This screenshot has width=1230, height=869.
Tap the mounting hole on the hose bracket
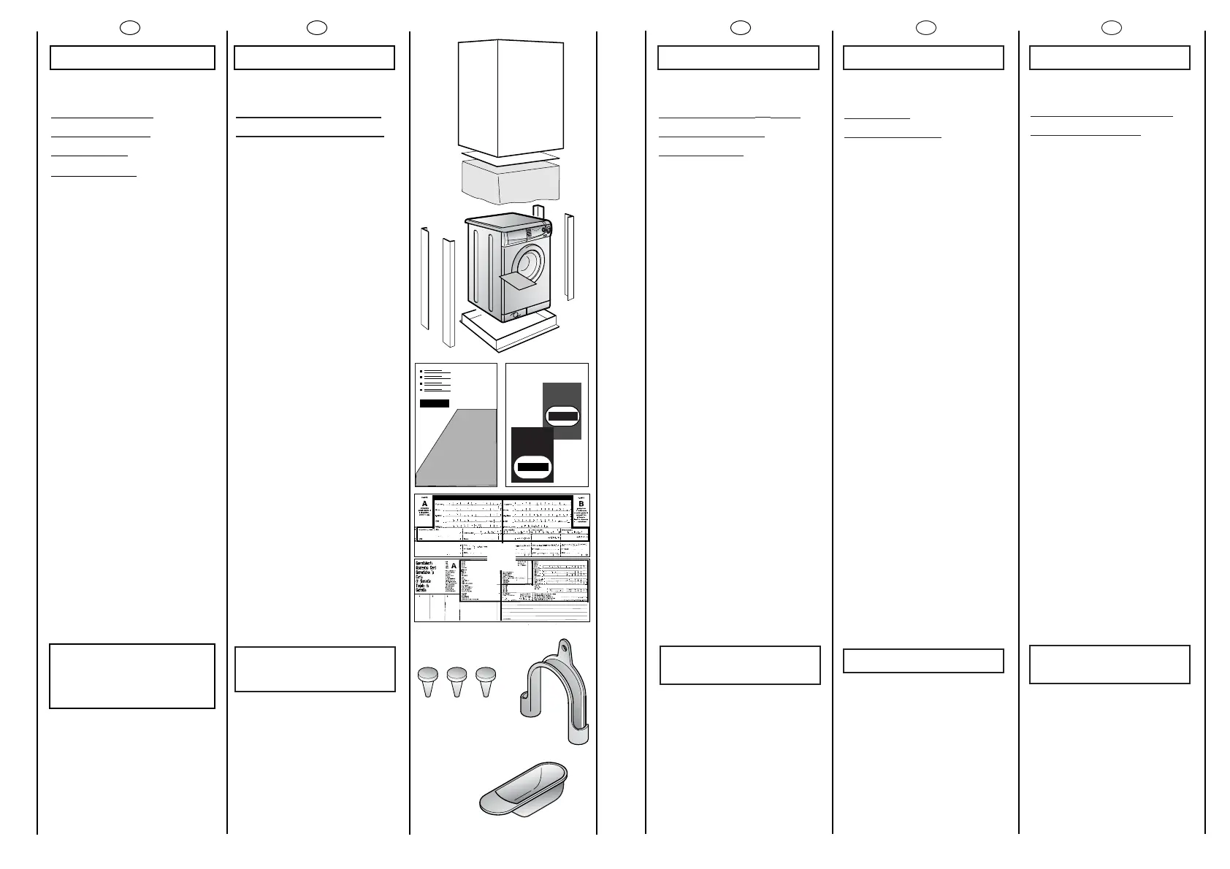tap(564, 646)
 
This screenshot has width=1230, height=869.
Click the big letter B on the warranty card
tap(581, 504)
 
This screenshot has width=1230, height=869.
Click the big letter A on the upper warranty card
tap(424, 504)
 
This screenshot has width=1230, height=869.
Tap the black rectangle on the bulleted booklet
tap(435, 404)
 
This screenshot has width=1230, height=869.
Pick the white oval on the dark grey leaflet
tap(562, 416)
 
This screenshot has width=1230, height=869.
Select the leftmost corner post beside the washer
tap(424, 278)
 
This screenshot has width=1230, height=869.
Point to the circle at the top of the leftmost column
tap(130, 28)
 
